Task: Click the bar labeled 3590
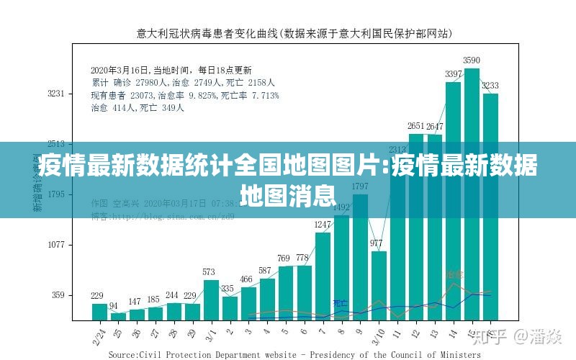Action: [x=472, y=194]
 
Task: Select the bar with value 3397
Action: [x=453, y=201]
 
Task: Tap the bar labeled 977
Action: [x=379, y=285]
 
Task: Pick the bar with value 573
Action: [x=210, y=300]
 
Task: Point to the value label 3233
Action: [x=490, y=85]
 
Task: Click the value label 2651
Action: [x=415, y=125]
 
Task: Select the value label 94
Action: [x=114, y=306]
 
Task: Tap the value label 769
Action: [x=285, y=258]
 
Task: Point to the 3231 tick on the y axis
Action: [x=56, y=94]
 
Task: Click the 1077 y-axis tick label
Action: [x=56, y=245]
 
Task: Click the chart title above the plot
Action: [x=294, y=33]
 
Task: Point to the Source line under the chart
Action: [x=294, y=354]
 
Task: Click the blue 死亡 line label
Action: [x=340, y=303]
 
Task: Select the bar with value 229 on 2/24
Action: [x=99, y=312]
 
